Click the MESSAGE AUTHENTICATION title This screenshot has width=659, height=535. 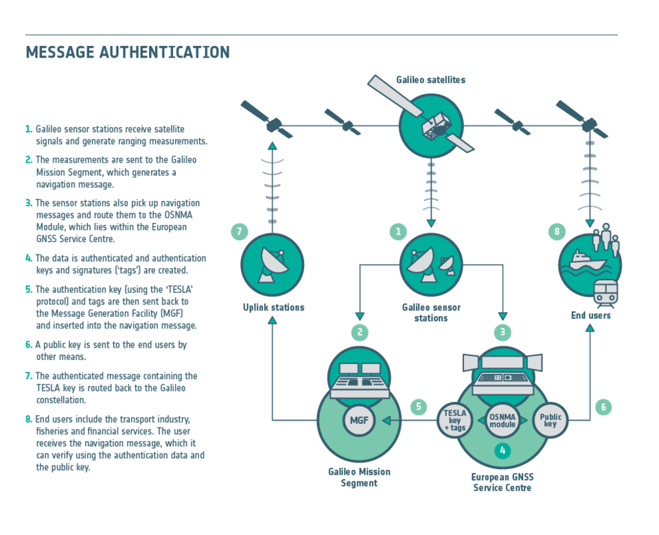128,53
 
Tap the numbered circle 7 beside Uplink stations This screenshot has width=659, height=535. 240,231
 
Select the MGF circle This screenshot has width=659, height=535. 359,420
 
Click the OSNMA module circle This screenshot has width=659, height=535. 502,420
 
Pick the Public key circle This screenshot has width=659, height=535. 550,420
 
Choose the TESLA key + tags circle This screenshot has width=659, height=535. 454,420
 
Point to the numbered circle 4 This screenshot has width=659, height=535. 502,451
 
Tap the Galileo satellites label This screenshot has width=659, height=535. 431,80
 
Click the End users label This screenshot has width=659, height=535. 590,316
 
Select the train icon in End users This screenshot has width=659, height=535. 605,292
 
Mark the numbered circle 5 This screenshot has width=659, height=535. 419,407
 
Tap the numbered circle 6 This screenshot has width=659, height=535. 603,407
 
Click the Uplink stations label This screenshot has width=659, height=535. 274,307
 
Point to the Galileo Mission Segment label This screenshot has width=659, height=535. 359,477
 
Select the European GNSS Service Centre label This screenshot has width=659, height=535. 502,482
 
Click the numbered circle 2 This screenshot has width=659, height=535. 360,332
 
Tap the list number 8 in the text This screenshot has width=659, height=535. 28,419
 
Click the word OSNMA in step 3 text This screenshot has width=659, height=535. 178,215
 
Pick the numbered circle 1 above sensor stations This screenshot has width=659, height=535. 398,231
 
